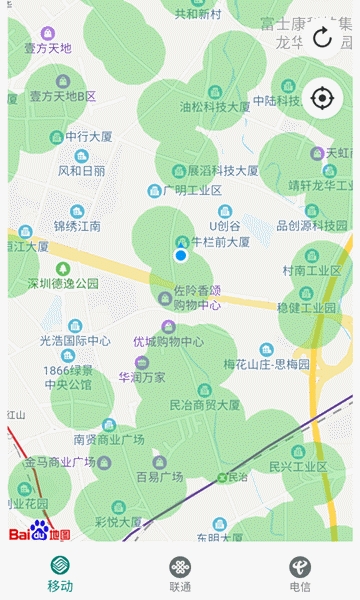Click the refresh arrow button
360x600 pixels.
(322, 38)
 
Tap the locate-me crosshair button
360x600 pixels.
(322, 98)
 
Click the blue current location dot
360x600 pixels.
(181, 256)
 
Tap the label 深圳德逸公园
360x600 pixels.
(63, 283)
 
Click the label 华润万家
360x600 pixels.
(142, 378)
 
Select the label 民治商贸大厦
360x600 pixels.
(205, 405)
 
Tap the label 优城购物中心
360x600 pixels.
(169, 341)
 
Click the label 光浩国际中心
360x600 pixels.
(75, 340)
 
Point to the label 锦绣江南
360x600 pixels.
(77, 226)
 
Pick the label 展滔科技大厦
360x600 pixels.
(222, 170)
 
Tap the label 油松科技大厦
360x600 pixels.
(215, 106)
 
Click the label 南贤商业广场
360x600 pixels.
(109, 438)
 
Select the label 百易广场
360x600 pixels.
(159, 476)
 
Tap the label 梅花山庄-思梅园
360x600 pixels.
(266, 363)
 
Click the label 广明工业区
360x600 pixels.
(184, 190)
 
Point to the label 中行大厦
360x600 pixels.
(91, 137)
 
